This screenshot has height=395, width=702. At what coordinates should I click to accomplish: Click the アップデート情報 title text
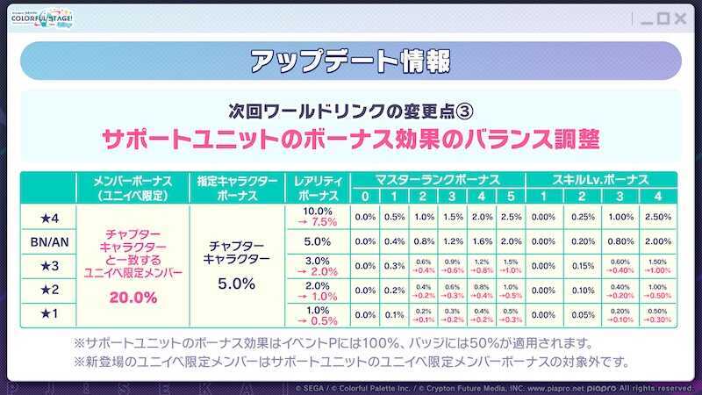point(350,62)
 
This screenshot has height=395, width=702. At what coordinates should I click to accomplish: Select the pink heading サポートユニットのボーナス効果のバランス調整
point(350,140)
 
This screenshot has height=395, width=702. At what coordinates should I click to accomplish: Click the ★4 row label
point(48,217)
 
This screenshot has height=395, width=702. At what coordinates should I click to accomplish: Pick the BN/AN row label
point(48,241)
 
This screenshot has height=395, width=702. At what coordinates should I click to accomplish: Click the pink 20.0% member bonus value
point(133,298)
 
